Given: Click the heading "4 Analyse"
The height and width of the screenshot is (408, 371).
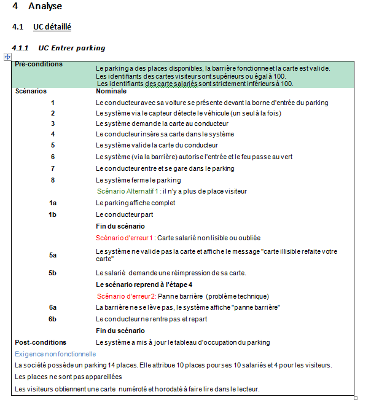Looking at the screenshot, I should tap(37, 7).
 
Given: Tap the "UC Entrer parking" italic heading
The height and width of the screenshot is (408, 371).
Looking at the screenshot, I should tap(71, 48).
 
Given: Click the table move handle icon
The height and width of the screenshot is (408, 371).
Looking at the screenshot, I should tap(8, 57).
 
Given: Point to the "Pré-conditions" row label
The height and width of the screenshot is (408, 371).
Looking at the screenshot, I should tap(39, 64).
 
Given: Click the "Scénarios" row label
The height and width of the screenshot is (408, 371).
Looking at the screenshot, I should tap(31, 91).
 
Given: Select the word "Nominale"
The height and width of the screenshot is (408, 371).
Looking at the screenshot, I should tap(111, 91).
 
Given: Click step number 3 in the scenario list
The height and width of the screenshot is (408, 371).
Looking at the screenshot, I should tap(53, 124).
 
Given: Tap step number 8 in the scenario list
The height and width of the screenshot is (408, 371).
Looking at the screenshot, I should tap(53, 180).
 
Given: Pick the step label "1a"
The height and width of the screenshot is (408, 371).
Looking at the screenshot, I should tap(53, 203).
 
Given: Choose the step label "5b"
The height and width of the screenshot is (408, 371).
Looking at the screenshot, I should tap(53, 273).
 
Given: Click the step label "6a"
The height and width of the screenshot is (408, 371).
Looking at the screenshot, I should tap(53, 307).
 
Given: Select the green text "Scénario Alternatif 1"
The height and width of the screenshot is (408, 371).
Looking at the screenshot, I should tap(128, 191).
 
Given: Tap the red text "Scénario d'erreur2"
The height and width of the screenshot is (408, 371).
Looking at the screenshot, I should tap(126, 296).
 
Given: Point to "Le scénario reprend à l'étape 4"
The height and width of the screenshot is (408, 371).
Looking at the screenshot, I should tap(144, 284).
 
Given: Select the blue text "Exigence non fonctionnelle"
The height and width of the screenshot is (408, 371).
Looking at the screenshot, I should tap(55, 354).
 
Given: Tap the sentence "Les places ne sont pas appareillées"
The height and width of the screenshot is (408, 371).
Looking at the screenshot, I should tap(68, 377).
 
